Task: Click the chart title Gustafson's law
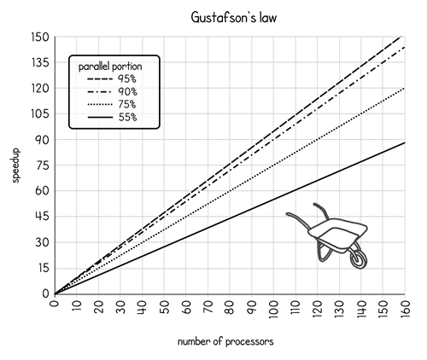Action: (x=234, y=18)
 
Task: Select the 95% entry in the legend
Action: (x=112, y=78)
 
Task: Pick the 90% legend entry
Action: (x=112, y=91)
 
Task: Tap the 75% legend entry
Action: (x=112, y=104)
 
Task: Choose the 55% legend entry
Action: (x=112, y=117)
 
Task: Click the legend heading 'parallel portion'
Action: (x=110, y=67)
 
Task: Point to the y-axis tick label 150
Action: (x=40, y=38)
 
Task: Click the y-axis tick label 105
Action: (x=40, y=114)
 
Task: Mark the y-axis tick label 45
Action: (x=43, y=217)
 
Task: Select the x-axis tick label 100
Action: (x=274, y=309)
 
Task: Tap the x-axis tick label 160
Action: (x=405, y=309)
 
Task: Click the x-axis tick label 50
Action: (x=164, y=307)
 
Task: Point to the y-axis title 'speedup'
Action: (x=15, y=165)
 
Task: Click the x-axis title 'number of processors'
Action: (x=225, y=341)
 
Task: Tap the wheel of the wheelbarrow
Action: (x=359, y=259)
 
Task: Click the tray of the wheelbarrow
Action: (x=337, y=234)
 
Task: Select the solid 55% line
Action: (x=230, y=218)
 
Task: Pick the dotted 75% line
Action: (x=230, y=191)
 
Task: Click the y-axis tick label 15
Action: (x=43, y=268)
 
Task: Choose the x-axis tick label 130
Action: (x=339, y=309)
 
